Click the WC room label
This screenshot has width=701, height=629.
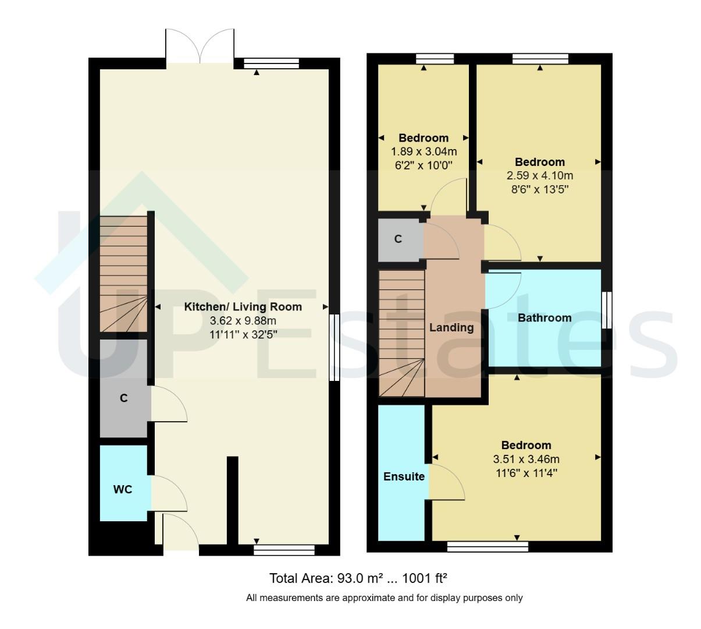coord(122,489)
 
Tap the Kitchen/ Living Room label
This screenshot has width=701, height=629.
coord(243,307)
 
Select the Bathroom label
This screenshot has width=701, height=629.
coord(544,318)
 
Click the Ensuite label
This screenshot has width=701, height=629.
coord(404,476)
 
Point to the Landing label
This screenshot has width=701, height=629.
coord(451,327)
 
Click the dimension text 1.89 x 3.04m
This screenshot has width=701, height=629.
coord(424,151)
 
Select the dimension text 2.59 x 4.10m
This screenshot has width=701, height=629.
coord(540,175)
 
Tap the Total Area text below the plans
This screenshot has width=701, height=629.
coord(358,578)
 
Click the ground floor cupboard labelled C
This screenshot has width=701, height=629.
coord(123,398)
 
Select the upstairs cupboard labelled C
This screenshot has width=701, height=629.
coord(398,239)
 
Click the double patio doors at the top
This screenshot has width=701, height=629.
coord(200,47)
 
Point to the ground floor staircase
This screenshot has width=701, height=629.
coord(123,274)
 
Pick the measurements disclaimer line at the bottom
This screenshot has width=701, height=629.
coord(384,598)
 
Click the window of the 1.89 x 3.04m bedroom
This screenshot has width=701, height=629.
coord(435,58)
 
